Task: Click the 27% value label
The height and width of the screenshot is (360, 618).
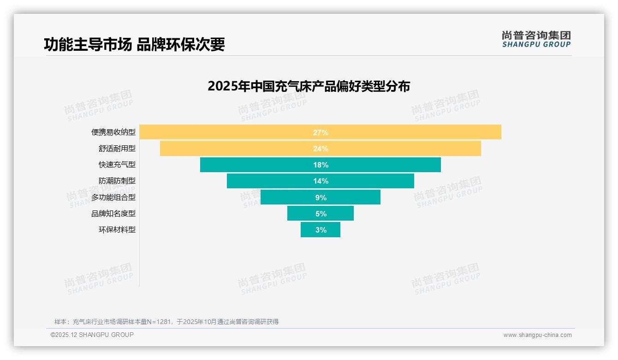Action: (x=321, y=132)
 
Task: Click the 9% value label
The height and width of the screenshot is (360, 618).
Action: (x=321, y=198)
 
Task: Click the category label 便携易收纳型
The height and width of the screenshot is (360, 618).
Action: (x=113, y=132)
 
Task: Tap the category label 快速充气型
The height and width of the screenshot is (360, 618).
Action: (x=117, y=165)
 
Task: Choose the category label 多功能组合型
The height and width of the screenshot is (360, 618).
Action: (x=113, y=198)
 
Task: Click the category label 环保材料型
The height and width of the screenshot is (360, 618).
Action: (x=117, y=230)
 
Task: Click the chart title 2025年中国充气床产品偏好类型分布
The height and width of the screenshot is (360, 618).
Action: (x=309, y=86)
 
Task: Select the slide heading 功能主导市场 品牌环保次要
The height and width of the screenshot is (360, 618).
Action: (x=134, y=44)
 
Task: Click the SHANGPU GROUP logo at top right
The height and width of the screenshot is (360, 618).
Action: (x=536, y=39)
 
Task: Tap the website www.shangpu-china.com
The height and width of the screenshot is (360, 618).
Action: (x=537, y=335)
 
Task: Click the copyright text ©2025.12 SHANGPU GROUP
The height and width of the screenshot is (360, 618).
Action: (x=92, y=335)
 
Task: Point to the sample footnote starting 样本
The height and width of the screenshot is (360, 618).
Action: (x=166, y=322)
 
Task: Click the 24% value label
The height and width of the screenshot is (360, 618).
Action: (x=321, y=149)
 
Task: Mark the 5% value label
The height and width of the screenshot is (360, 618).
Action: (x=321, y=214)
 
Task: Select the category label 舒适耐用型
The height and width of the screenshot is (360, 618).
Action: (x=117, y=149)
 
